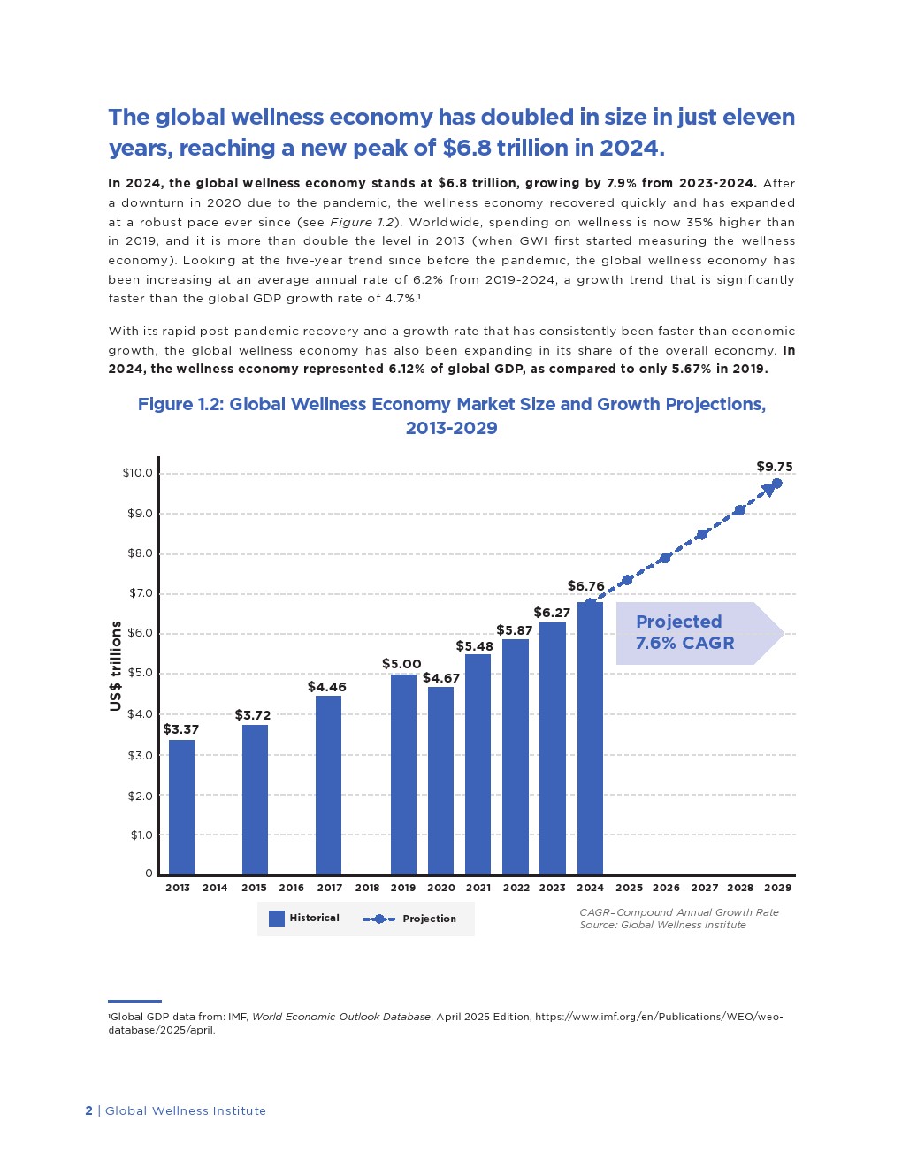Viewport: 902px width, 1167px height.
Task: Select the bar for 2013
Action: [181, 806]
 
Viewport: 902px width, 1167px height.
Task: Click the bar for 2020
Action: [440, 780]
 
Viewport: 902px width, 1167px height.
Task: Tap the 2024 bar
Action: [590, 738]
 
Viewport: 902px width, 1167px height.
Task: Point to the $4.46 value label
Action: [327, 687]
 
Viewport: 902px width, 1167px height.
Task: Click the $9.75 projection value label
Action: [775, 467]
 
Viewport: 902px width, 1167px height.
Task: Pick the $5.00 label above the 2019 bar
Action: [401, 664]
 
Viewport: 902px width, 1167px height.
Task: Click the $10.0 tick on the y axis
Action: [138, 473]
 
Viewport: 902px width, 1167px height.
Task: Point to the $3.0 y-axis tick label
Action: [140, 755]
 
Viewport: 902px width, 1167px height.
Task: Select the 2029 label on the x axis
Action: [777, 888]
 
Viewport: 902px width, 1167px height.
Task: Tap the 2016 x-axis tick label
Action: [291, 888]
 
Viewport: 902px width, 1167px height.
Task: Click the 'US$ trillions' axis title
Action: [116, 666]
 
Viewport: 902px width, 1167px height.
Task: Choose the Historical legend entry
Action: [304, 919]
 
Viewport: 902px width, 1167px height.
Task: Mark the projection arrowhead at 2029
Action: [769, 489]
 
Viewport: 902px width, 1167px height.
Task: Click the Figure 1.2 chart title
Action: [451, 416]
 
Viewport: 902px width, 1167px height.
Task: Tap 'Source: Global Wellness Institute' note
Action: [662, 925]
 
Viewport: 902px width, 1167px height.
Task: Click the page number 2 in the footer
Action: [88, 1111]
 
